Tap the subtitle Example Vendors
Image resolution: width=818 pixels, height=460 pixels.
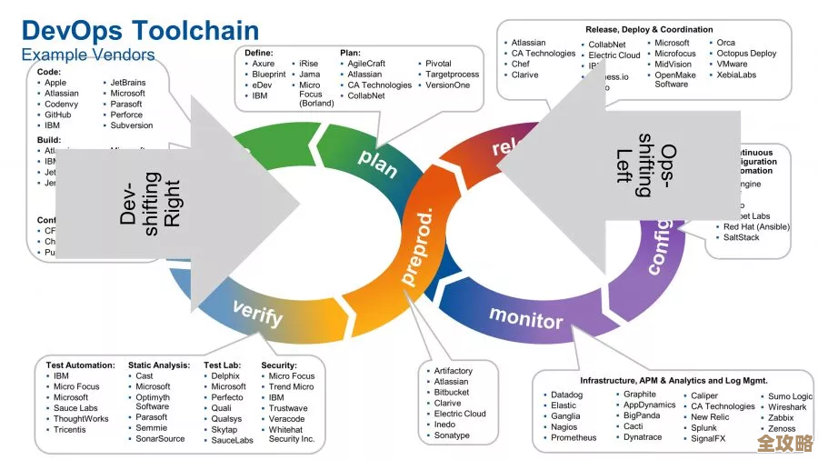click(88, 55)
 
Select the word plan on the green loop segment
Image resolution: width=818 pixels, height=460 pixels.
click(378, 158)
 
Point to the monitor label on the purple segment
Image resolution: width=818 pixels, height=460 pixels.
click(526, 317)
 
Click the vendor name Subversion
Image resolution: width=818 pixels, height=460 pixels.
click(132, 125)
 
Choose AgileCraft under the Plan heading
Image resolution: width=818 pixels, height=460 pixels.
click(366, 64)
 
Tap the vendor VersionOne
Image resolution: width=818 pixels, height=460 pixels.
click(448, 85)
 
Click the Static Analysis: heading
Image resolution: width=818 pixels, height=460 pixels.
click(158, 365)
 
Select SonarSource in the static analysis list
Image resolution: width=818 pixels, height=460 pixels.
click(160, 438)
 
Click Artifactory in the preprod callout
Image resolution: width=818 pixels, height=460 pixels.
click(453, 371)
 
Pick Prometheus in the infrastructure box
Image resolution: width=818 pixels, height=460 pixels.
click(574, 437)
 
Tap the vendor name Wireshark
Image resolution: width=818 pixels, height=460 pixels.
click(787, 407)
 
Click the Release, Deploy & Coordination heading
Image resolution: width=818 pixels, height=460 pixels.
click(649, 30)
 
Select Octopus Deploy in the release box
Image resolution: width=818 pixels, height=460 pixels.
click(746, 54)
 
